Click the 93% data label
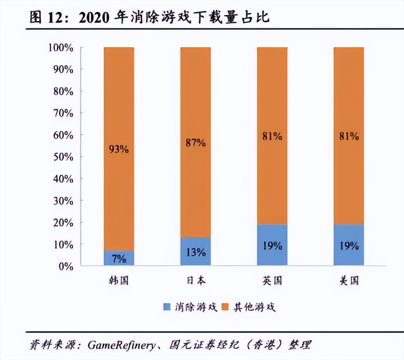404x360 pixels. coord(119,149)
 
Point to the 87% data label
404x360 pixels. coord(196,142)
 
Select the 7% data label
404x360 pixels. coord(119,259)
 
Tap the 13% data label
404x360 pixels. coord(196,253)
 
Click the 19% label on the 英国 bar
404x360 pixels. coord(272,246)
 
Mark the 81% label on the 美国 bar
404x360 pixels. coord(349,136)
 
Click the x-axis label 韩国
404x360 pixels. coord(119,280)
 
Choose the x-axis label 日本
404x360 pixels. coord(196,280)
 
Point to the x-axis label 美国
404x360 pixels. coord(349,280)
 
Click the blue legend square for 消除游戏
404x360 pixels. coord(166,308)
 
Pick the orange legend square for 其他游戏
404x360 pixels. coord(225,308)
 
